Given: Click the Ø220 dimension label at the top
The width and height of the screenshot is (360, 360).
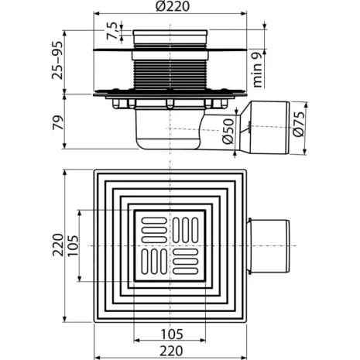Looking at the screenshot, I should coord(170,9).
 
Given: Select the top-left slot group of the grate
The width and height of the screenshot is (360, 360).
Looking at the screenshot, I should coord(150,229).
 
